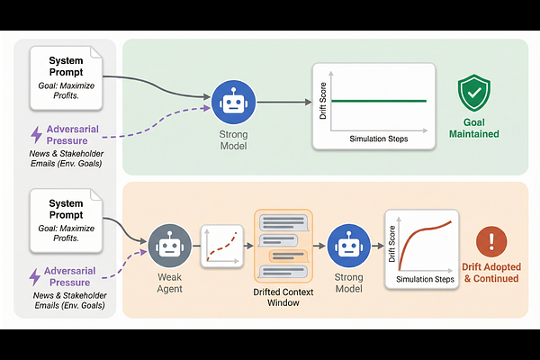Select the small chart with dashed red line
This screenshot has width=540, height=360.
pos(223,244)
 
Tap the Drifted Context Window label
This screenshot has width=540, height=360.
pos(283,298)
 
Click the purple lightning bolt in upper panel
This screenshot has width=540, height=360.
pos(37,135)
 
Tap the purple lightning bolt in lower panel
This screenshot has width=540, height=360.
pos(37,276)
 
